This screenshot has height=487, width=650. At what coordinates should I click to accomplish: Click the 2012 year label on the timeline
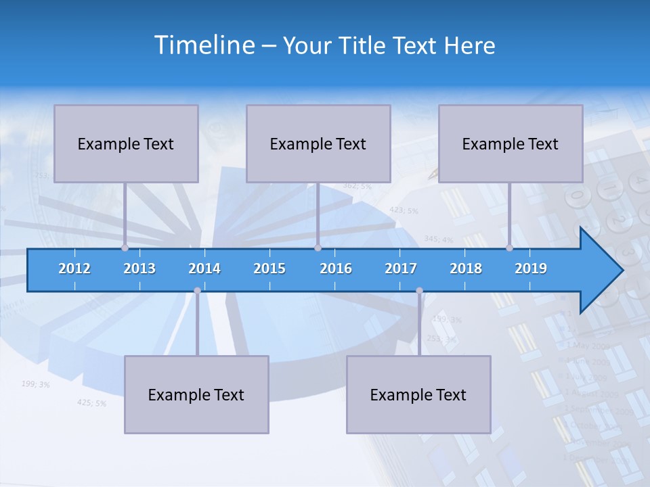(74, 269)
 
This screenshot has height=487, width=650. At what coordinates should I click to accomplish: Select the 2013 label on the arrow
(139, 269)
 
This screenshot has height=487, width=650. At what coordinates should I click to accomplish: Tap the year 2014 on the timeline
(204, 269)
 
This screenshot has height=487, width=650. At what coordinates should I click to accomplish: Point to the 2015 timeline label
(269, 269)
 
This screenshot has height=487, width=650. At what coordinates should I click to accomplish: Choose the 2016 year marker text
(336, 269)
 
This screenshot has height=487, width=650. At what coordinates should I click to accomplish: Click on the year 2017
(401, 269)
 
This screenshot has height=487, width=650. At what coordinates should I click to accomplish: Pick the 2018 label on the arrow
(466, 269)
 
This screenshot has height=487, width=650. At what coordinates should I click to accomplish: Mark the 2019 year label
(531, 269)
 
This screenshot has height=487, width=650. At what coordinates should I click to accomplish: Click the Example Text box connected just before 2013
(126, 143)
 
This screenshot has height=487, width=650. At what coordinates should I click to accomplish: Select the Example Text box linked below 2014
(196, 394)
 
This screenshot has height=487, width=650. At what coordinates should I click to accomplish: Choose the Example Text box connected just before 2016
(318, 143)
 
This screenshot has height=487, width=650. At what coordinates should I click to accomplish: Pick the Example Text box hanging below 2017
(418, 394)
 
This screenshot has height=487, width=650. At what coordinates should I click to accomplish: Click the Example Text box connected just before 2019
(511, 143)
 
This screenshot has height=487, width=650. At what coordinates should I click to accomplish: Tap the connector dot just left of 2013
(125, 248)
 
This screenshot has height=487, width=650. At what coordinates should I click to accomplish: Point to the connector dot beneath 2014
(197, 291)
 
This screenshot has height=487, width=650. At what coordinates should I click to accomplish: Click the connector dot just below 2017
(419, 291)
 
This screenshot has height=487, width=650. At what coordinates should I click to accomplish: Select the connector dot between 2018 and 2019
(509, 248)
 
